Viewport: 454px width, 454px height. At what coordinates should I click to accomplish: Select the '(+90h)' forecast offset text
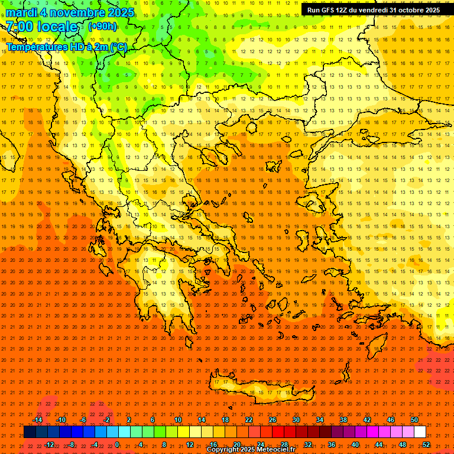point(102,27)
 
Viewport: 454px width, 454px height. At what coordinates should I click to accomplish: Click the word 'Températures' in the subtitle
point(36,47)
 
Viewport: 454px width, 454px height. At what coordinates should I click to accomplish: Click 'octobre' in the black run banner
point(408,10)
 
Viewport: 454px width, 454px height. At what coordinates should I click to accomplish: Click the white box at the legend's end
point(420,432)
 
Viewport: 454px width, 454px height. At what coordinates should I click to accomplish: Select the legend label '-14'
point(37,420)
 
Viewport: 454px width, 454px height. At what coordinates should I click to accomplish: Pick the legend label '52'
point(426,445)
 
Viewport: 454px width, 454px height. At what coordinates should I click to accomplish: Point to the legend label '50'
point(414,420)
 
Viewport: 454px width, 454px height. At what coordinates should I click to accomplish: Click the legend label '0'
point(117,445)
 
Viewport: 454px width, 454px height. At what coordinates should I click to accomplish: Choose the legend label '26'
point(273,420)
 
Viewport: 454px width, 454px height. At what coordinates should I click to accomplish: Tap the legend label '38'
point(343,420)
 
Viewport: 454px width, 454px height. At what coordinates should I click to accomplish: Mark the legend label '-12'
point(49,445)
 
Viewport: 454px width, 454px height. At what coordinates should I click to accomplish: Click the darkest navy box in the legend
point(30,432)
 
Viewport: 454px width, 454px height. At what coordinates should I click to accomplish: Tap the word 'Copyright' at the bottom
point(223,450)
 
